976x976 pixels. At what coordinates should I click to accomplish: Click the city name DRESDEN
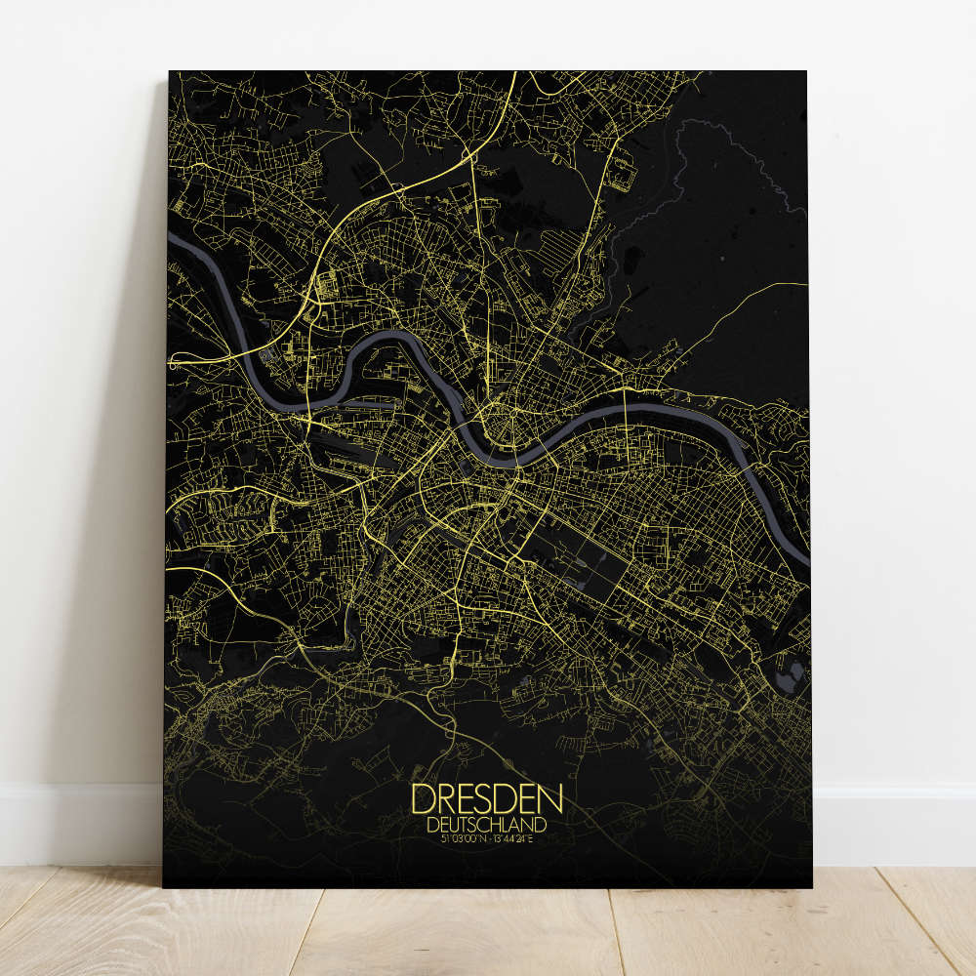tap(487, 799)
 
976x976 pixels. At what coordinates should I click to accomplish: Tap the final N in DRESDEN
tap(549, 799)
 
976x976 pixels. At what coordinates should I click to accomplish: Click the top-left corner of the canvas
tap(170, 72)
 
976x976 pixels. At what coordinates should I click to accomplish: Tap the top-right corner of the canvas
tap(805, 72)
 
